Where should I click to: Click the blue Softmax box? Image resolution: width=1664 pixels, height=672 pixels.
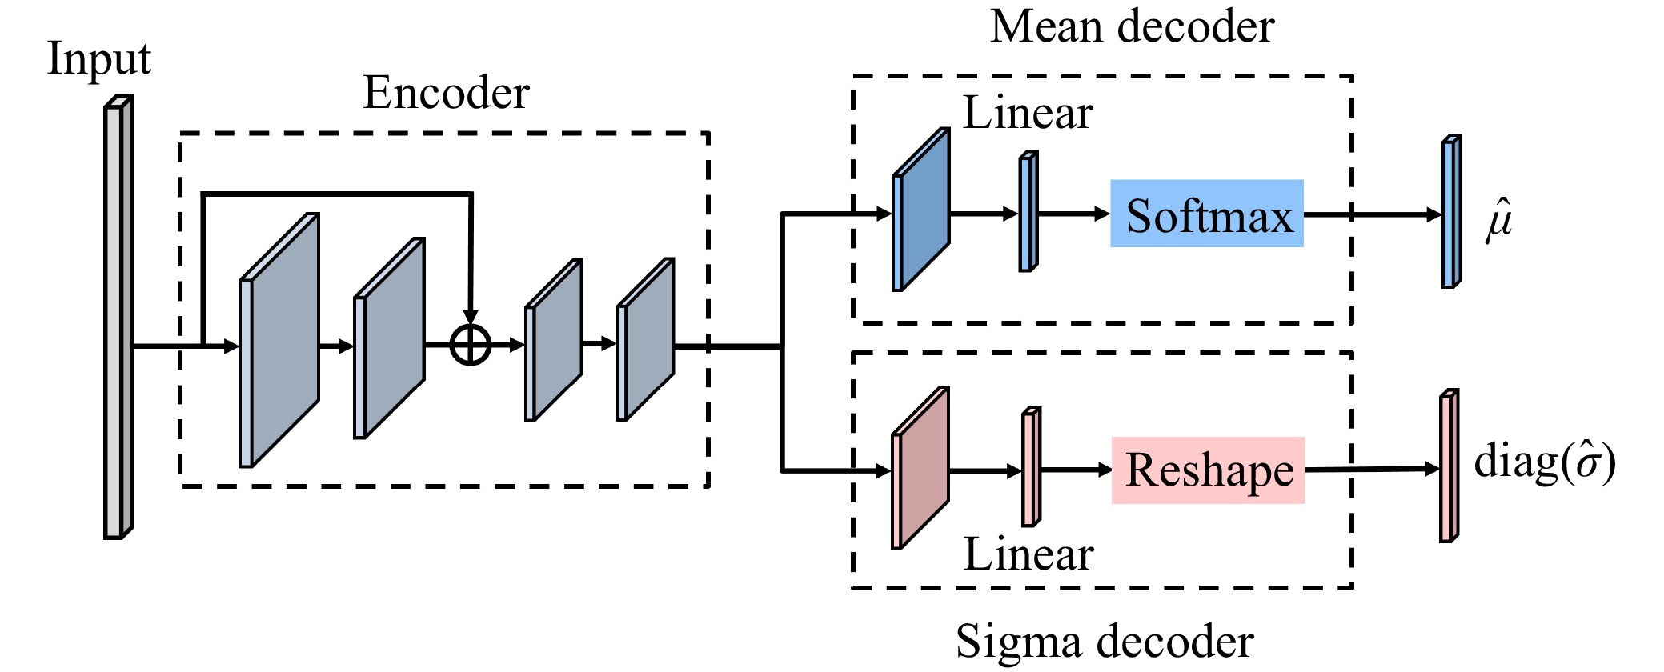[x=1206, y=214]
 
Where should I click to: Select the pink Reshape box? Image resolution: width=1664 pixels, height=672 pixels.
[x=1208, y=470]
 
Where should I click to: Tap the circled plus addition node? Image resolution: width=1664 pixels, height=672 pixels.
[x=471, y=346]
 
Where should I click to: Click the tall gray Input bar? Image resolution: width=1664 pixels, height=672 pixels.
[x=118, y=318]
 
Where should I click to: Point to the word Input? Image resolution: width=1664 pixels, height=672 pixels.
[x=99, y=59]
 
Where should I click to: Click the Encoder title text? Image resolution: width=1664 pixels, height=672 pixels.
[x=446, y=93]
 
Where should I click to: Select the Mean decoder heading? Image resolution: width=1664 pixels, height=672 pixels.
[x=1132, y=26]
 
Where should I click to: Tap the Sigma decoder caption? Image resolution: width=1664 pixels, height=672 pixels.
[x=1105, y=642]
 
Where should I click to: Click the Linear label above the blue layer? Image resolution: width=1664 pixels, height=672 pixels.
[x=1028, y=113]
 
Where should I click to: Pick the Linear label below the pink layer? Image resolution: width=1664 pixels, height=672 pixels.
[x=1028, y=554]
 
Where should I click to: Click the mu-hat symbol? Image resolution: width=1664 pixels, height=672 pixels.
[x=1499, y=218]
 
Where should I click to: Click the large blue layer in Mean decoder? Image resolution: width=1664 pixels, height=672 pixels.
[x=921, y=210]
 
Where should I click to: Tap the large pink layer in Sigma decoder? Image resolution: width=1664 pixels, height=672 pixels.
[x=920, y=469]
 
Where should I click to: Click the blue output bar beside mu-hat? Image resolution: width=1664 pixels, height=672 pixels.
[x=1451, y=211]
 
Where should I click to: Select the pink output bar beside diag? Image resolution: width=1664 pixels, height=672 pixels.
[x=1449, y=466]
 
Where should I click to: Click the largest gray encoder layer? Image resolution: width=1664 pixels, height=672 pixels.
[x=279, y=340]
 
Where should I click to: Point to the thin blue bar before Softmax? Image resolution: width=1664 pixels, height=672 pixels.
[x=1028, y=211]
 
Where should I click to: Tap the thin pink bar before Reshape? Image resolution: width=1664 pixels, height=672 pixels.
[x=1032, y=466]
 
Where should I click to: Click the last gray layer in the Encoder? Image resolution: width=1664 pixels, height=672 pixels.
[x=645, y=339]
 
